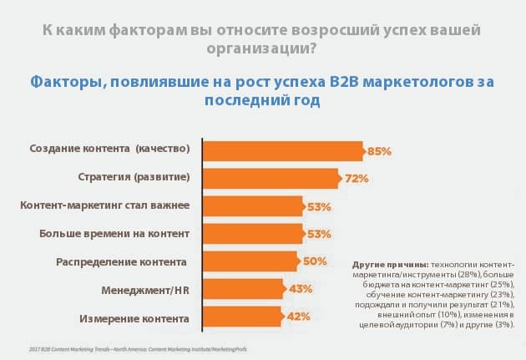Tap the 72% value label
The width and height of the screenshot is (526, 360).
click(357, 178)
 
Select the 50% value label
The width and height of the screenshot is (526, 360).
click(314, 261)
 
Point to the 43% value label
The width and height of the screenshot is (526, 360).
click(301, 289)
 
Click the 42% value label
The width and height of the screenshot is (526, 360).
click(300, 317)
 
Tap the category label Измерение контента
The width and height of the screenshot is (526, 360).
click(134, 317)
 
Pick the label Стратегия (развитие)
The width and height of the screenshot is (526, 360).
click(130, 178)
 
